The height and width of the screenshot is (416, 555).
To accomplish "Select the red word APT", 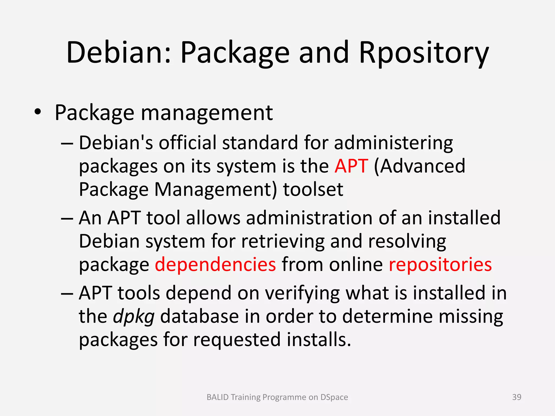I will click(x=351, y=166).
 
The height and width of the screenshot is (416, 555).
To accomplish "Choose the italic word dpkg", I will click(x=134, y=317).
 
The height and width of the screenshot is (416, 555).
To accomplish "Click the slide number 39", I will click(x=517, y=397).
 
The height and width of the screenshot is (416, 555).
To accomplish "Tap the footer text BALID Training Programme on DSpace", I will click(x=277, y=397).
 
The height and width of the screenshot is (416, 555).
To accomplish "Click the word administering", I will click(x=393, y=143).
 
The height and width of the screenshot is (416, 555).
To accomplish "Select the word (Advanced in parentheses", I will click(x=420, y=166).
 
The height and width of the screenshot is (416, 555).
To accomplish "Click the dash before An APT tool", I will click(x=67, y=218).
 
